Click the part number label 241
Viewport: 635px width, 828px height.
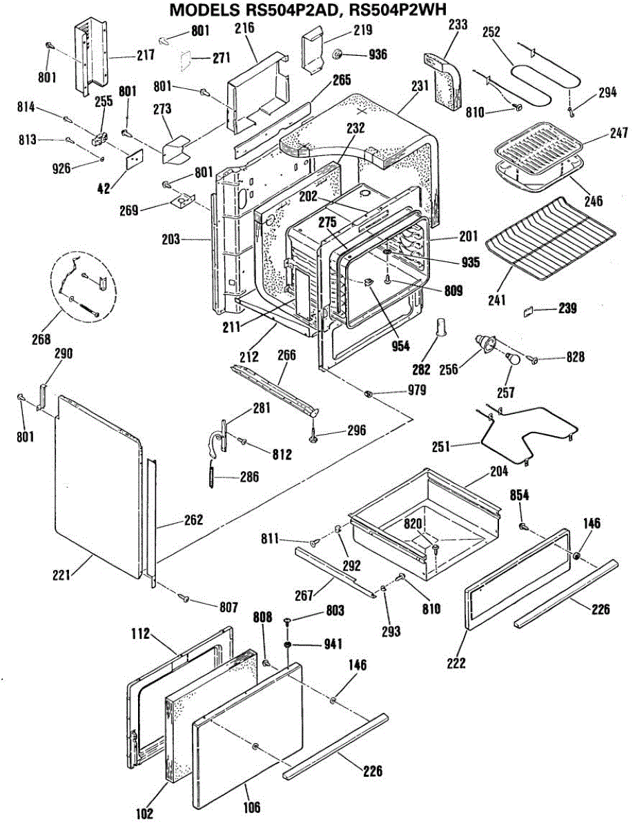[x=497, y=300]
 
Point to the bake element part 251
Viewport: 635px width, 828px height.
[x=531, y=431]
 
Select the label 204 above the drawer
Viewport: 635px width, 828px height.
[x=498, y=471]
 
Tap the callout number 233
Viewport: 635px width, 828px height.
[x=458, y=25]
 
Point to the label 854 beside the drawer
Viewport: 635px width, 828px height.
[x=520, y=495]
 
